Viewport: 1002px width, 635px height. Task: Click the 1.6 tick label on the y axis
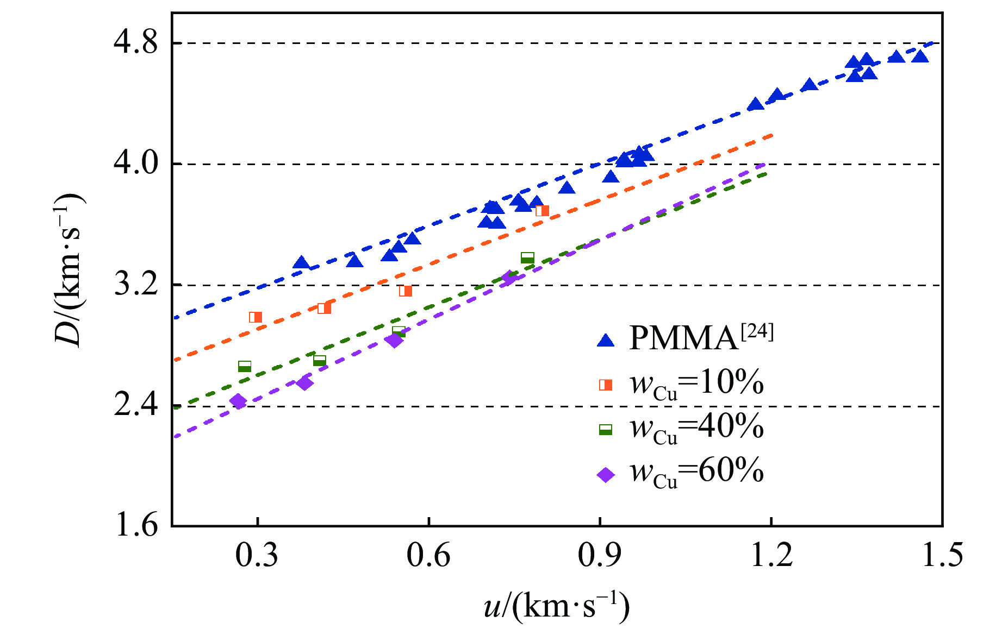point(136,526)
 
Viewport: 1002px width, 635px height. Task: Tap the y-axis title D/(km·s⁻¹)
point(70,270)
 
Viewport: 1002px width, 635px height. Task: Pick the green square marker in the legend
point(605,430)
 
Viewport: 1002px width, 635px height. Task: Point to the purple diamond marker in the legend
point(605,475)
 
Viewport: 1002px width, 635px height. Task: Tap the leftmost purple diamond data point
point(238,401)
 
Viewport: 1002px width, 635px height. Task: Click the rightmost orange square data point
point(542,211)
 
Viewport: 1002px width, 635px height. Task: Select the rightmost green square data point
point(527,257)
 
